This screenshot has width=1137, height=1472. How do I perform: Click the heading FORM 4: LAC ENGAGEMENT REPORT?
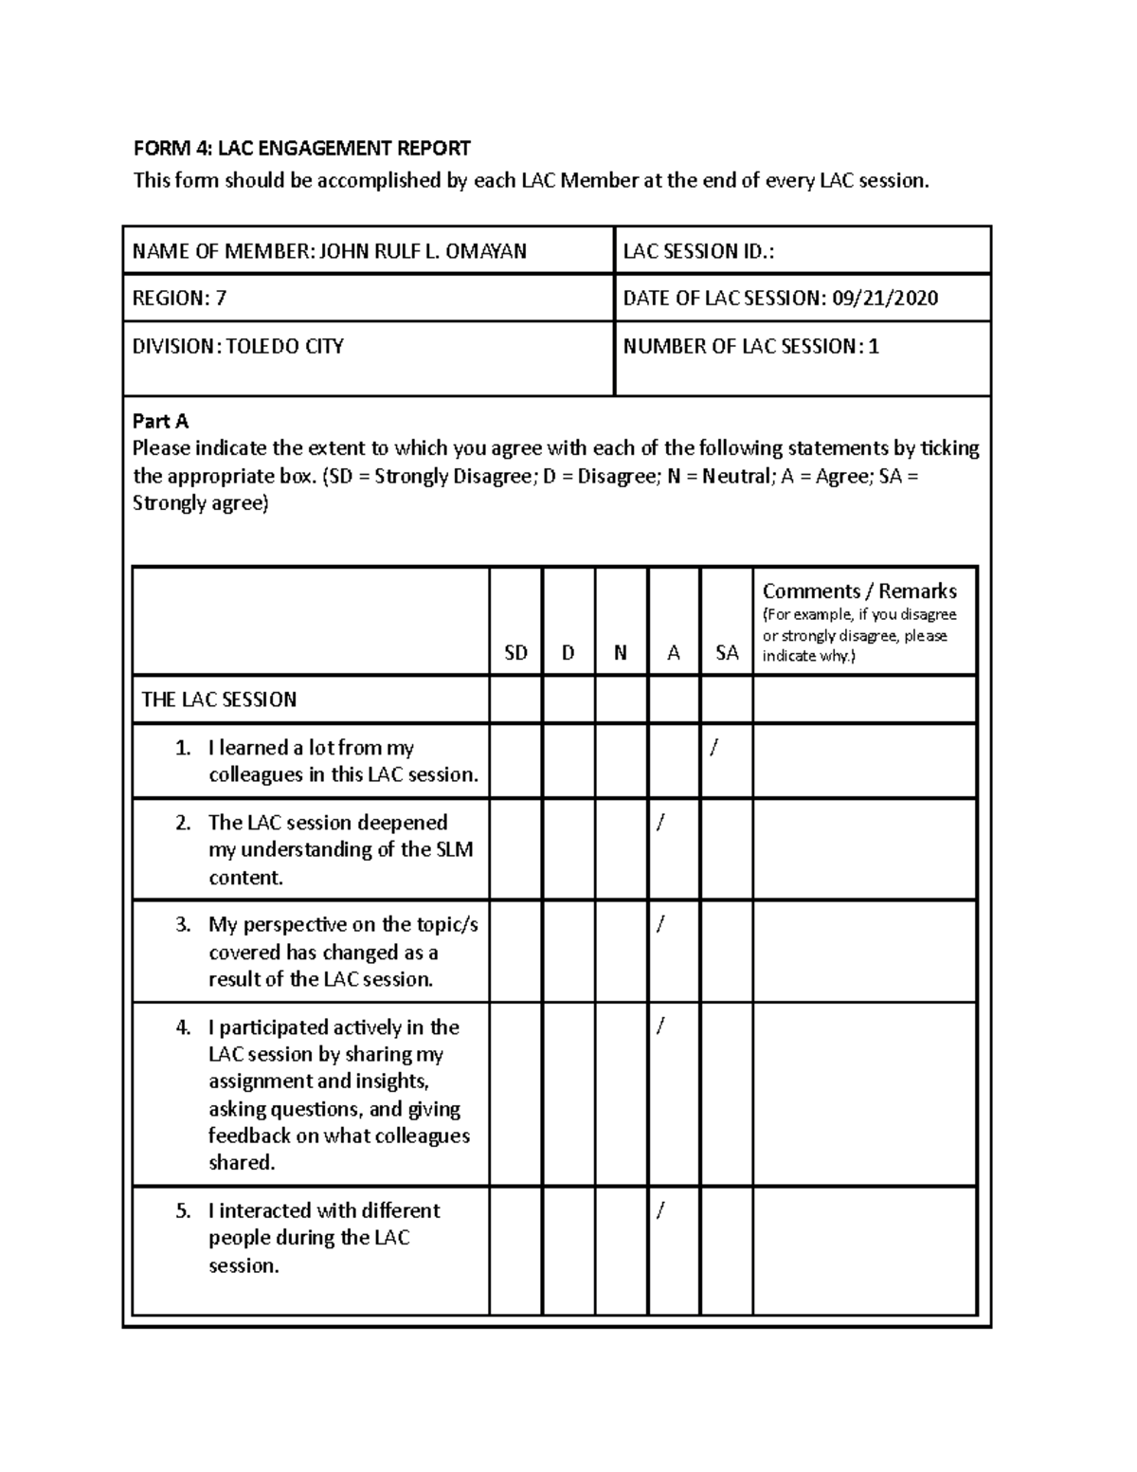click(x=301, y=148)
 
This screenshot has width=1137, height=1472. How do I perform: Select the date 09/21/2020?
click(x=885, y=299)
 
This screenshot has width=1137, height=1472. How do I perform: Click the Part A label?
click(x=160, y=421)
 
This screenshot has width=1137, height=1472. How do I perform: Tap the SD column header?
click(x=515, y=653)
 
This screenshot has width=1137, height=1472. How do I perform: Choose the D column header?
click(x=568, y=653)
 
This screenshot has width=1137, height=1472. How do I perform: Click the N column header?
click(x=621, y=653)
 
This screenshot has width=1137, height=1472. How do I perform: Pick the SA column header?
click(x=727, y=653)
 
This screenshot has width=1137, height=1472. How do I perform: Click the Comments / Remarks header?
click(x=859, y=591)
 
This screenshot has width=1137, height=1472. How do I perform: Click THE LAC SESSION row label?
click(x=219, y=700)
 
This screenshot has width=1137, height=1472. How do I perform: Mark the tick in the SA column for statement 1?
click(x=713, y=748)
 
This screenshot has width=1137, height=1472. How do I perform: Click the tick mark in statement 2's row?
click(x=660, y=823)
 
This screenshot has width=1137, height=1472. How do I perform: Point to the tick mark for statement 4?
click(x=660, y=1027)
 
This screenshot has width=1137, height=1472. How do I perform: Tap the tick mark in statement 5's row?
click(x=660, y=1210)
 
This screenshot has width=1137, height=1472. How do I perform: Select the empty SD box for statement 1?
click(x=515, y=761)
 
